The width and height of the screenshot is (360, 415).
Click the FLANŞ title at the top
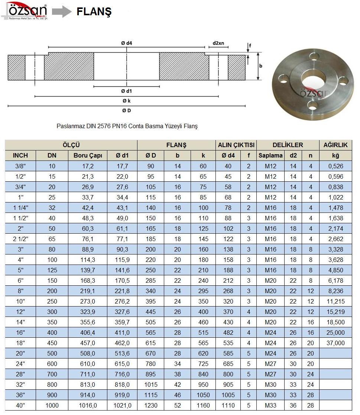coord(94,12)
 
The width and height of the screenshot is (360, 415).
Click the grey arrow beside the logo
coord(61,12)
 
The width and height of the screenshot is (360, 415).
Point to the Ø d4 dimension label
coord(127,43)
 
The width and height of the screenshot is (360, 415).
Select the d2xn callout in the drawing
coord(218,43)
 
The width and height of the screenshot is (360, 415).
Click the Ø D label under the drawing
coord(127,110)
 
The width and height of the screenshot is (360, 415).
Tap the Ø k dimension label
coord(127,101)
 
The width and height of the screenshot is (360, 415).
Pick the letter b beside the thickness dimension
coord(261,66)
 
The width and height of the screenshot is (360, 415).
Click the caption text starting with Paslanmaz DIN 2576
coord(127,126)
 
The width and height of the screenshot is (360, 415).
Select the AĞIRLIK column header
coord(335,145)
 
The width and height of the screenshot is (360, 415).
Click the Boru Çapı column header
coord(88,156)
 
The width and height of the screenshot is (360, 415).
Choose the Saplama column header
coord(270,156)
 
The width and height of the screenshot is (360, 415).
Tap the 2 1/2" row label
coord(20,239)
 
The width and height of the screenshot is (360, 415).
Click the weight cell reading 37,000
coord(335,343)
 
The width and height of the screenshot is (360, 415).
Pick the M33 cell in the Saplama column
coord(270,405)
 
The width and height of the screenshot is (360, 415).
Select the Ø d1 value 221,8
coord(122,291)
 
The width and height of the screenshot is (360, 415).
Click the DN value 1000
coord(52,405)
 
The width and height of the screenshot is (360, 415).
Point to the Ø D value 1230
coord(151,405)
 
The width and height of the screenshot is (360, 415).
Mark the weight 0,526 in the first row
coord(335,166)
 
